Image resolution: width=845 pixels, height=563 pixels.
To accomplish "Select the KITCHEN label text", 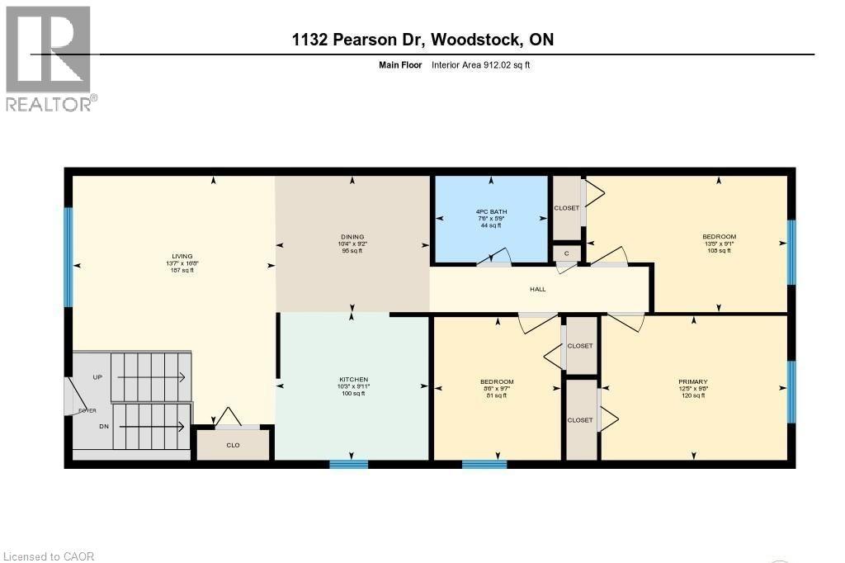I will click(352, 380).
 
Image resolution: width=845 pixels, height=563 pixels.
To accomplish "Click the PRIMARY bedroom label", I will click(693, 381).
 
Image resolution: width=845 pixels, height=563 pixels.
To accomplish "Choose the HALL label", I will click(537, 289).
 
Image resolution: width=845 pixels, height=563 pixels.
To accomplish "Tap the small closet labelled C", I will click(566, 253).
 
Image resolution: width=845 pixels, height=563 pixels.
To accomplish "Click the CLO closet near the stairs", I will click(233, 444).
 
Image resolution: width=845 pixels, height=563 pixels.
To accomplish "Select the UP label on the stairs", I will click(97, 376).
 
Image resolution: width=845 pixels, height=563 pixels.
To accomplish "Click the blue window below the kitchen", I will click(348, 464).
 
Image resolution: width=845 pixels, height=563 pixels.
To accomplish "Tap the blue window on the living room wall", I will click(68, 256).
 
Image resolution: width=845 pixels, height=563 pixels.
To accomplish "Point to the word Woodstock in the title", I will click(472, 40).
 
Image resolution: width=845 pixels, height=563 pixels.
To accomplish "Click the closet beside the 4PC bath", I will click(566, 208).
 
